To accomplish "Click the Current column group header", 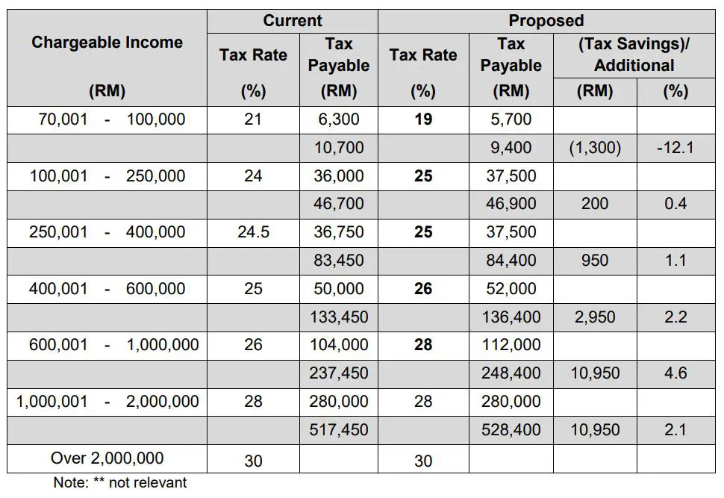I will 292,21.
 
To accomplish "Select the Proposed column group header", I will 546,21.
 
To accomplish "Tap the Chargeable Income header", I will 107,43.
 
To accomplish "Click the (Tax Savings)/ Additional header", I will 634,55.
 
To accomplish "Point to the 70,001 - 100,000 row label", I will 107,119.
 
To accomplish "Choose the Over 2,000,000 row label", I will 107,458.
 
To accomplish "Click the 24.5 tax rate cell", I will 253,232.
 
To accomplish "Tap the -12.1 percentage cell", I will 675,148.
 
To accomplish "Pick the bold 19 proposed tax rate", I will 422,119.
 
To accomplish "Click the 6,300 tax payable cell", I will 338,119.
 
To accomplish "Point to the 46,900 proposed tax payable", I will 511,204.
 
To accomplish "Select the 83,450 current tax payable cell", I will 338,261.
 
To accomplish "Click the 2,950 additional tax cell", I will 595,317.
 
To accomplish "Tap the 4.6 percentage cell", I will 675,373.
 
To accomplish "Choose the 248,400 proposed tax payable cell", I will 511,373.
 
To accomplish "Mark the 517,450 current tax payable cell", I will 338,430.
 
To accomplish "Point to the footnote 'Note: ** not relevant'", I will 119,482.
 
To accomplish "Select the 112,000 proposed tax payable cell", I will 511,345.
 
